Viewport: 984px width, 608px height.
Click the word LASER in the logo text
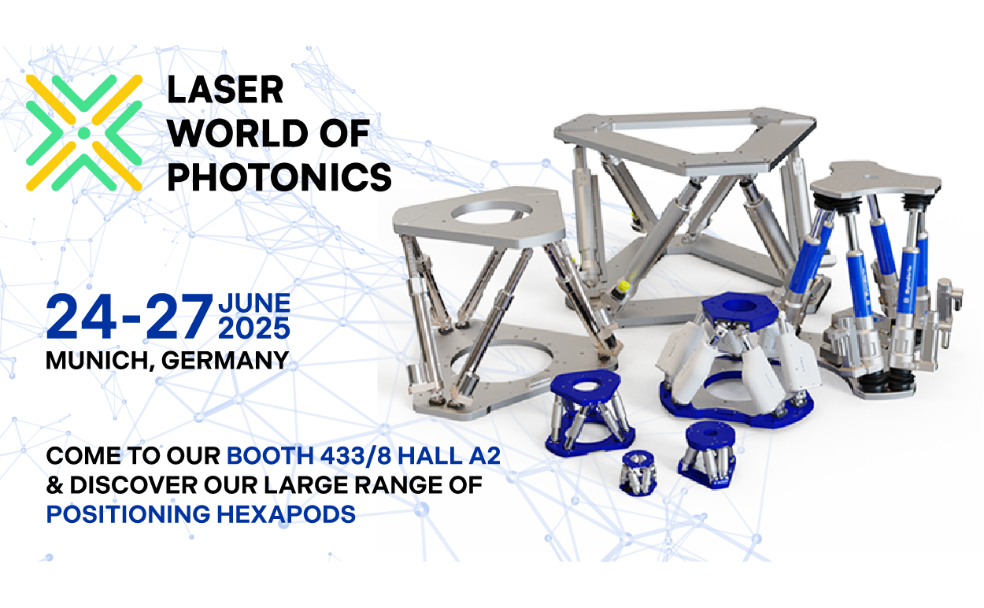pos(225,90)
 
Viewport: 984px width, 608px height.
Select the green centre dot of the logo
pos(84,133)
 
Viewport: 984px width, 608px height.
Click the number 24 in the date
pos(81,317)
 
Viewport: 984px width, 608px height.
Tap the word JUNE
pos(254,303)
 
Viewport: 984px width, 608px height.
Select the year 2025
pos(254,328)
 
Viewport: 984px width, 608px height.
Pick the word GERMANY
pos(225,361)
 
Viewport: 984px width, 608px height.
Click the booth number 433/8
pos(355,455)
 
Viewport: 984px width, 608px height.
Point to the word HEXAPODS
pos(286,514)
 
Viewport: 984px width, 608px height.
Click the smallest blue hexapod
pos(638,473)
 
